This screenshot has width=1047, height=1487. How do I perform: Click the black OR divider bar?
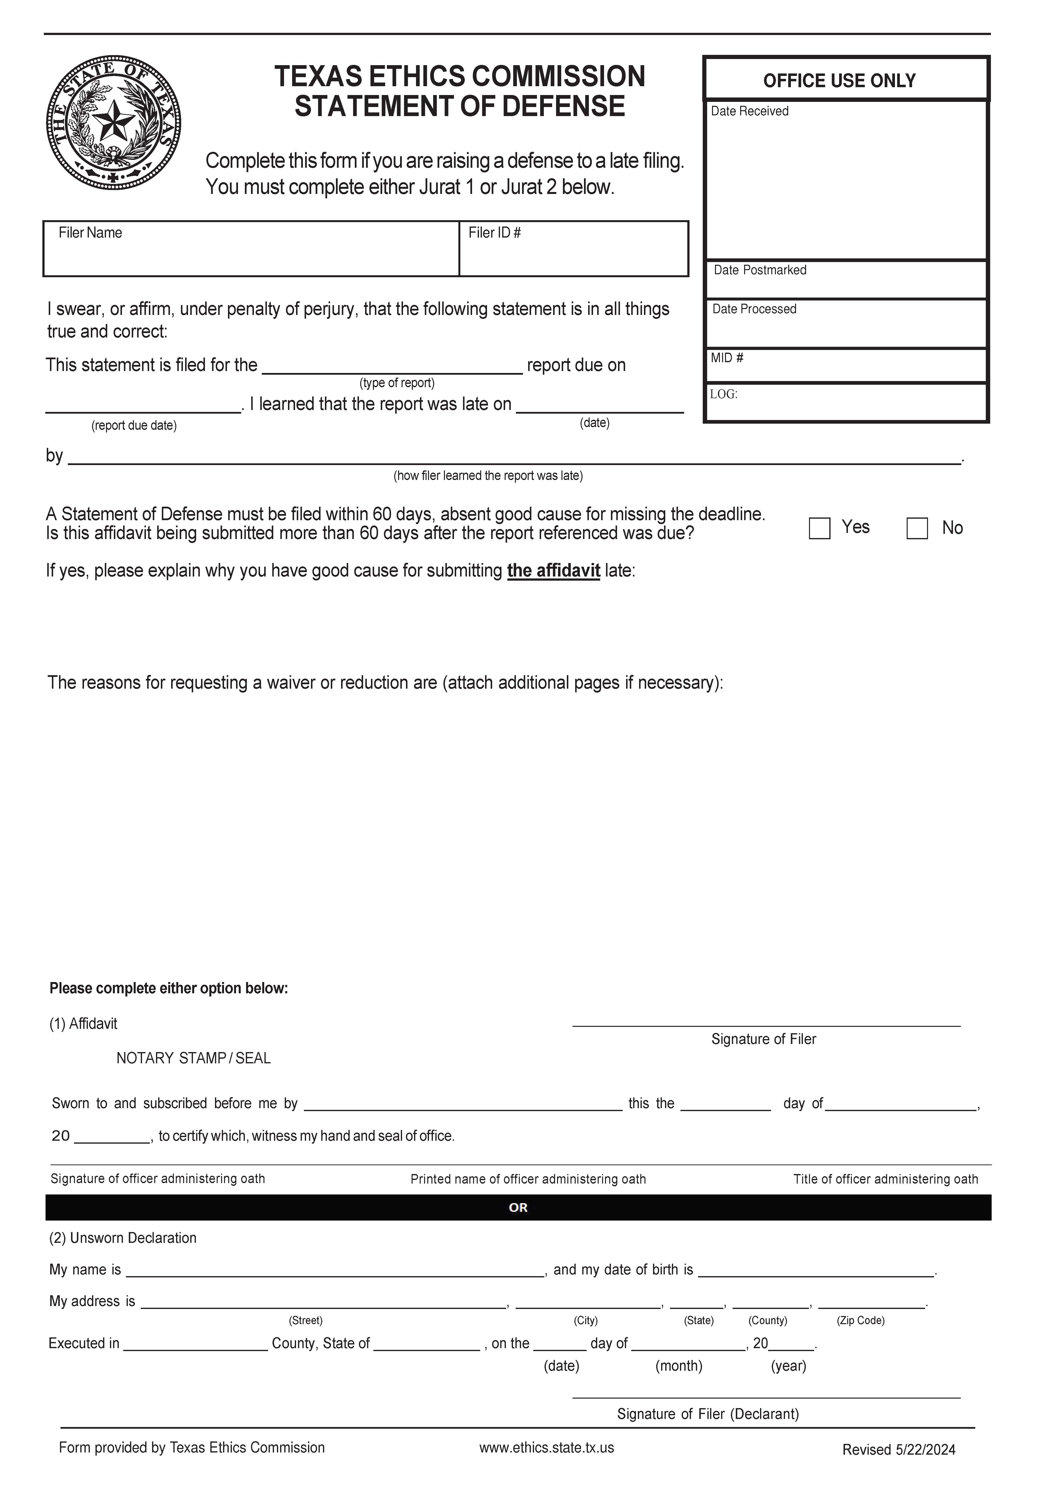(x=518, y=1207)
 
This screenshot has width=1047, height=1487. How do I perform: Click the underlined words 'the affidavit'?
(x=554, y=571)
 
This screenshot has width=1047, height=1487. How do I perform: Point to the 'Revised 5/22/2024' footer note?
(x=899, y=1450)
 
